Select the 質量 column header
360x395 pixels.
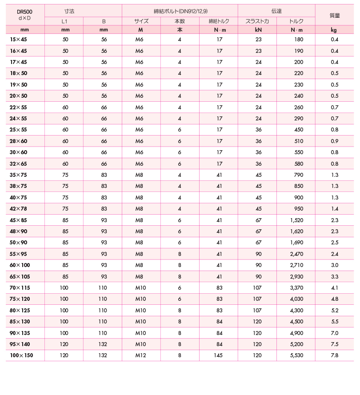pos(335,15)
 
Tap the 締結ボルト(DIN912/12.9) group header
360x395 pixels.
pos(180,9)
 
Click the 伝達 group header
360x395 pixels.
pos(276,9)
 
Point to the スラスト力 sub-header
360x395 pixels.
pos(257,21)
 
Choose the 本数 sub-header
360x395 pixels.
pos(180,21)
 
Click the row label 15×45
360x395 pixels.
pos(18,40)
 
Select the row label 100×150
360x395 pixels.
pos(21,355)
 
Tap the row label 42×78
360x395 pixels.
pos(18,208)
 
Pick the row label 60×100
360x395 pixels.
pos(20,265)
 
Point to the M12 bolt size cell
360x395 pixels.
pos(141,355)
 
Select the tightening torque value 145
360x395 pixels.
pos(219,355)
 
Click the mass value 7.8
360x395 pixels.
pos(335,355)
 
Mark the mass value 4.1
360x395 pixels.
pos(335,287)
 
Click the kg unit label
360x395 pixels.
pos(334,30)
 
